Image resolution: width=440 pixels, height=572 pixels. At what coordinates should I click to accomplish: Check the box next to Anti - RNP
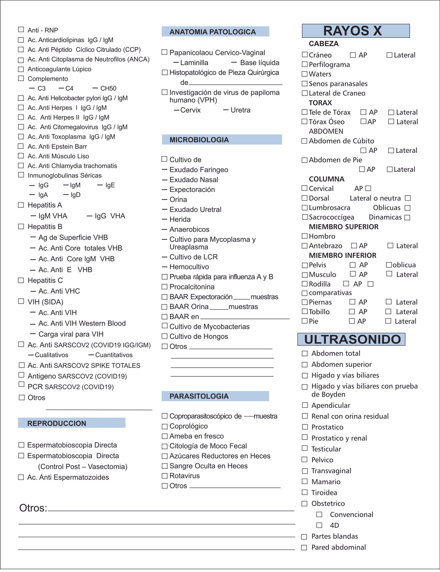click(21, 29)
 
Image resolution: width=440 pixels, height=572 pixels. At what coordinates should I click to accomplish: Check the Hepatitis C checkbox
click(21, 280)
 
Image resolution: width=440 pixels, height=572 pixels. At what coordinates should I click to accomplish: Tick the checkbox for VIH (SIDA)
click(21, 301)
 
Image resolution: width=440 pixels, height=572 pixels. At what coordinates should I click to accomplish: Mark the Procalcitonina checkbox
click(164, 287)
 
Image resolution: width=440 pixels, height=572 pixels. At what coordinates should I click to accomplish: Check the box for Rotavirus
click(164, 476)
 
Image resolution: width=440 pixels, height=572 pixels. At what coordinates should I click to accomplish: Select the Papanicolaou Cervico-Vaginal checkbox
click(164, 52)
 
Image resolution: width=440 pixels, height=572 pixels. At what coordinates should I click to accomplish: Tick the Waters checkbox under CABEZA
click(304, 74)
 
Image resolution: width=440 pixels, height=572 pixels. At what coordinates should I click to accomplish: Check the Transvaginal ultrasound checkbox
click(305, 471)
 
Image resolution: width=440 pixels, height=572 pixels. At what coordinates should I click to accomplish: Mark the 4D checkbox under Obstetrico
click(319, 525)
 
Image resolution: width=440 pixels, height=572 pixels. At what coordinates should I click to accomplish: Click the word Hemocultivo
click(189, 267)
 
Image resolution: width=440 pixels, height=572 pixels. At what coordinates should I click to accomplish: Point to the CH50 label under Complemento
click(108, 88)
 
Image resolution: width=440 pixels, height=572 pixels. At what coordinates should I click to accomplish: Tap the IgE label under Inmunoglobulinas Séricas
click(110, 185)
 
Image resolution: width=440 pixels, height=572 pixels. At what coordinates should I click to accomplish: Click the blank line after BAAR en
click(245, 317)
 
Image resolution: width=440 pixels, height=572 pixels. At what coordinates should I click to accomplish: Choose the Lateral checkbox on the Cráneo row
click(389, 55)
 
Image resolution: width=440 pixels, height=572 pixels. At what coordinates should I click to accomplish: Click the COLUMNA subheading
click(326, 179)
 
